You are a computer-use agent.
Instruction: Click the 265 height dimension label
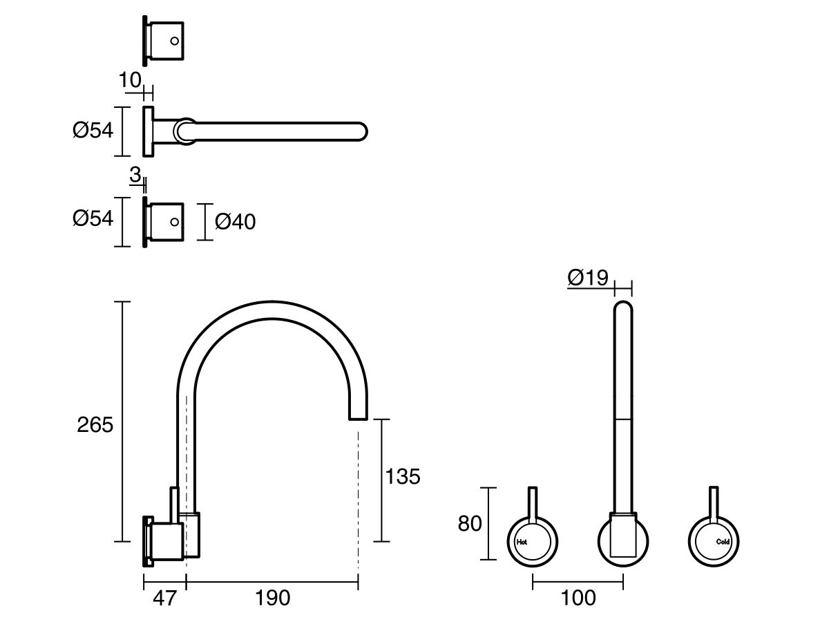(95, 425)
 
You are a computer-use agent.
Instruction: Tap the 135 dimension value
(403, 476)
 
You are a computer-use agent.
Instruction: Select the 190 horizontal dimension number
(273, 598)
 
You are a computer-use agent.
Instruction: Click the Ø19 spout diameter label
(588, 278)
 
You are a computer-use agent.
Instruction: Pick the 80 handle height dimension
(470, 524)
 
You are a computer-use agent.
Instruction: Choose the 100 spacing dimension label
(579, 598)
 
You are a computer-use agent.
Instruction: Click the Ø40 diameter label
(235, 222)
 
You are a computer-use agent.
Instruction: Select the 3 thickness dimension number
(135, 176)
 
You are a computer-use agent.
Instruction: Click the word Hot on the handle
(522, 542)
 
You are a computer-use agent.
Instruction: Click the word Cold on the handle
(723, 542)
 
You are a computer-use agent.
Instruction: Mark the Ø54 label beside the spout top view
(93, 130)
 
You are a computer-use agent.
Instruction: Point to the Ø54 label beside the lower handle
(93, 218)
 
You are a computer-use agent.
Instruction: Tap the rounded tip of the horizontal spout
(362, 131)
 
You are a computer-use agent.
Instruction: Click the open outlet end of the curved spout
(358, 417)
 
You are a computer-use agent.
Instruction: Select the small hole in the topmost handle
(175, 41)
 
